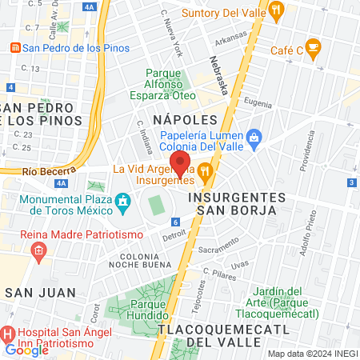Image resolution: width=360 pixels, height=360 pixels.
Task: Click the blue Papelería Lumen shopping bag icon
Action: click(x=254, y=137)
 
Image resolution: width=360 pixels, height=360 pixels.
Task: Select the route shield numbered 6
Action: click(x=174, y=222)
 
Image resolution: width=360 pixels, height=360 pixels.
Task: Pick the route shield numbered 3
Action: click(x=352, y=183)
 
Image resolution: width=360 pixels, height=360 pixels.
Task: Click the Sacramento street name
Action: click(x=218, y=249)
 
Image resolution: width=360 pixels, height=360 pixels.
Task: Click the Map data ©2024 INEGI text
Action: click(x=310, y=354)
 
